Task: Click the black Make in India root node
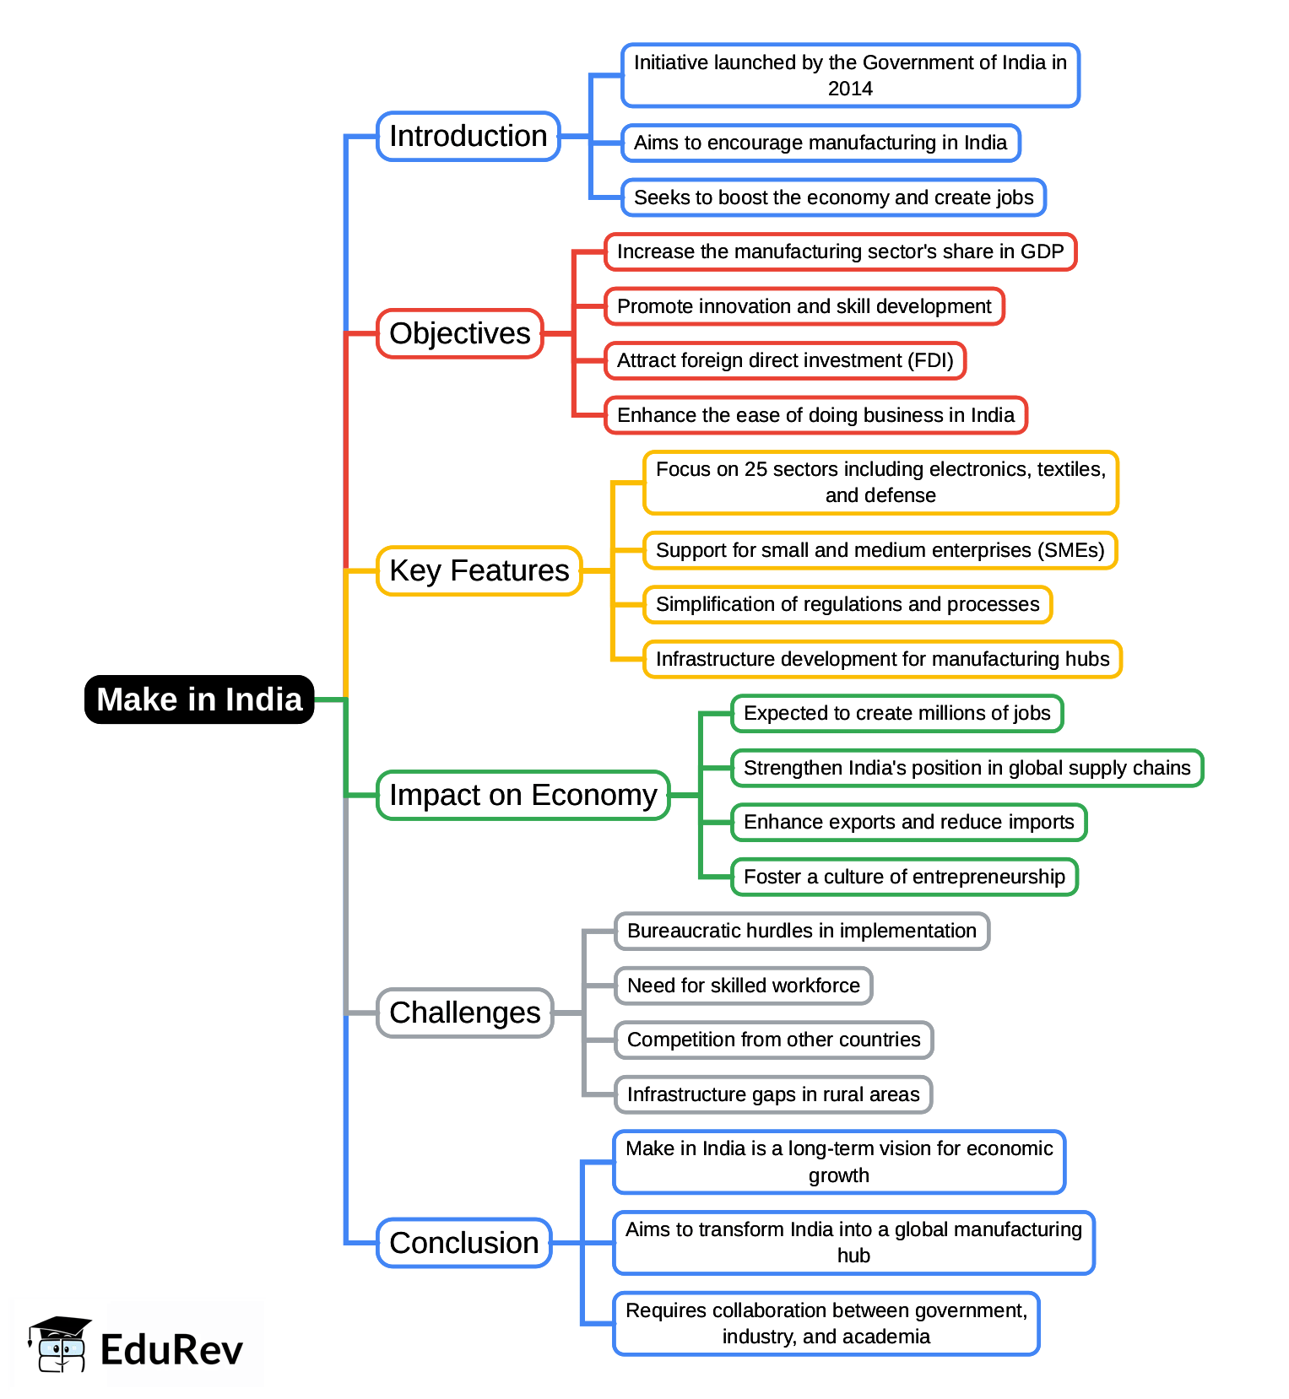coord(199,699)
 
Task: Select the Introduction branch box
coord(468,136)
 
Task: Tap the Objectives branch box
coord(460,333)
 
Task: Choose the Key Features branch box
coord(479,571)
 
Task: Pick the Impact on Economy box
coord(523,795)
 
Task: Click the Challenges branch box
coord(465,1013)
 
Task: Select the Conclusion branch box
coord(464,1243)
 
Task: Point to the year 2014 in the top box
coord(850,89)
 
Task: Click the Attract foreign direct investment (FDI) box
coord(785,360)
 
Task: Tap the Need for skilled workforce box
coord(744,986)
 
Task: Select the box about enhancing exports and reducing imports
coord(909,822)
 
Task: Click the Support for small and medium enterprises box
coord(880,550)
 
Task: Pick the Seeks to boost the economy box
coord(834,197)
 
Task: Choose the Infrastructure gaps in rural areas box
coord(773,1094)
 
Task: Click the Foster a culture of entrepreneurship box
coord(904,877)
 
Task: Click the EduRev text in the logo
coord(171,1349)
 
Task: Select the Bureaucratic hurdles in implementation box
coord(802,931)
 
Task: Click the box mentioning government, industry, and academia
coord(826,1323)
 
